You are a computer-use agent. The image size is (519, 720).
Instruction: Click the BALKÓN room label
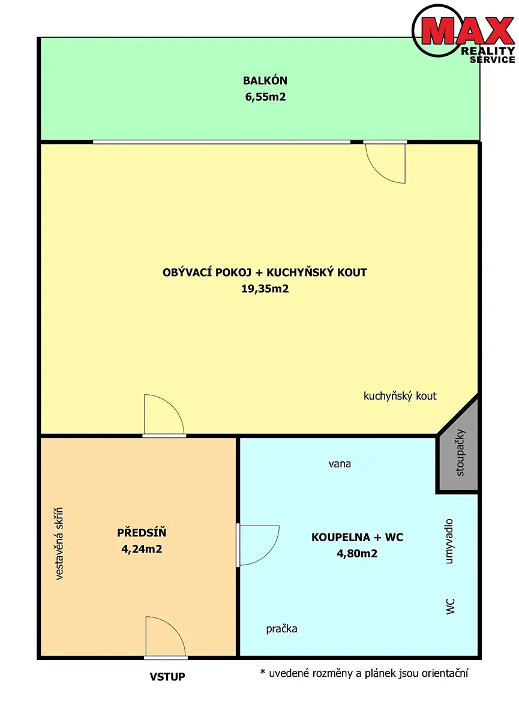pyautogui.click(x=265, y=80)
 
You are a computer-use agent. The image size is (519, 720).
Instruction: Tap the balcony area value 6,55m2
pyautogui.click(x=265, y=97)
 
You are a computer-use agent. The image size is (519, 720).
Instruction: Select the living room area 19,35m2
pyautogui.click(x=265, y=289)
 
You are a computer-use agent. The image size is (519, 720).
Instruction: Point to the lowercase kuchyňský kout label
pyautogui.click(x=400, y=396)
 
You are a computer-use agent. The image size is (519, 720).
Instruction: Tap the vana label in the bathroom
pyautogui.click(x=340, y=464)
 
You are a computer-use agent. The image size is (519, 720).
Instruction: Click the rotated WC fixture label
pyautogui.click(x=450, y=606)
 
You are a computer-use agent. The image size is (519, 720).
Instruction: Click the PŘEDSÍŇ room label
pyautogui.click(x=142, y=533)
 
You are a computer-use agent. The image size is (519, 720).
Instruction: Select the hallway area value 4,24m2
pyautogui.click(x=142, y=549)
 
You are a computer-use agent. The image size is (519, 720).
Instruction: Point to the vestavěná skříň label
pyautogui.click(x=59, y=544)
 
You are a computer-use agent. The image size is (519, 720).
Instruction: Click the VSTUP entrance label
pyautogui.click(x=167, y=677)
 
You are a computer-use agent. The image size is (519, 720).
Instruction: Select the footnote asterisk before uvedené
pyautogui.click(x=263, y=672)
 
